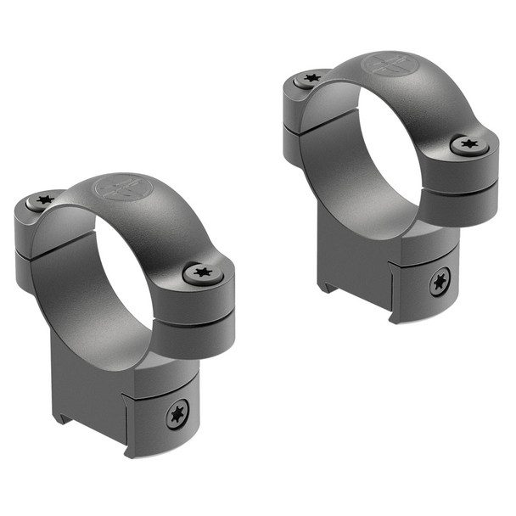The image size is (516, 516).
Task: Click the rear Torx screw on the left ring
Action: tap(43, 200)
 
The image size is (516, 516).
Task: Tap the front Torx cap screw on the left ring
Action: tap(204, 273)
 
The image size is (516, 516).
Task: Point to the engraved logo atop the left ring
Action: tap(117, 188)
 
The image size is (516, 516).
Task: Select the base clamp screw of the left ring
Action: tap(177, 415)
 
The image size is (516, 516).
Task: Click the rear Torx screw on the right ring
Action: tap(311, 78)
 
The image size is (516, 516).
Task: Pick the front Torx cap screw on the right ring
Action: tap(469, 145)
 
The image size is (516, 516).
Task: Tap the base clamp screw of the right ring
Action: tap(440, 282)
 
